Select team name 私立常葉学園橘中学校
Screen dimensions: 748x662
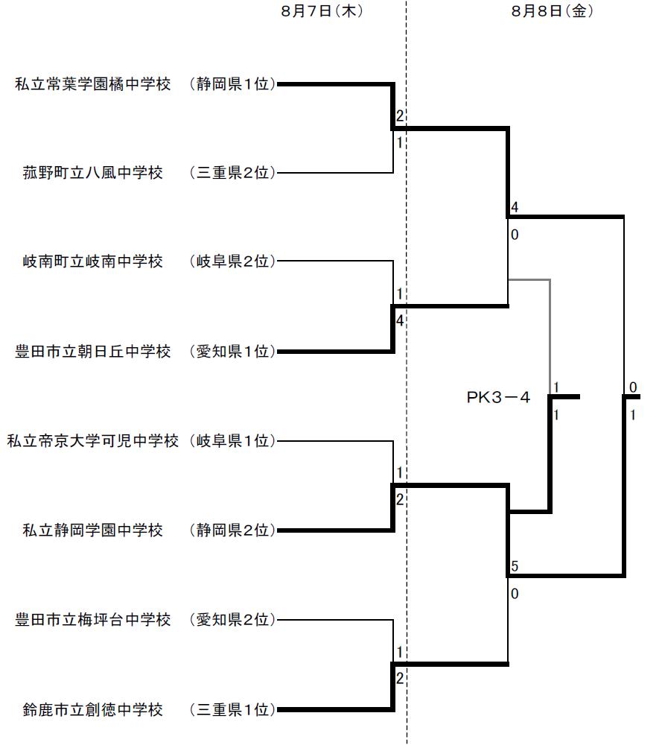click(x=93, y=84)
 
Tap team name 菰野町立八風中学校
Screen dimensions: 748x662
click(x=93, y=174)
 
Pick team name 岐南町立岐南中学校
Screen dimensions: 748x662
click(x=93, y=262)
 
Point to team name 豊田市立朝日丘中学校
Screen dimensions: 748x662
click(x=93, y=352)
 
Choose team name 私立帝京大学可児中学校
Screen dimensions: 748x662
click(x=93, y=441)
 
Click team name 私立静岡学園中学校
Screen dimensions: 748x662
click(x=93, y=530)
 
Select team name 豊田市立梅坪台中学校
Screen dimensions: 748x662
click(x=93, y=620)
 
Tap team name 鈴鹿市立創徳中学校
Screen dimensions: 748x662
click(x=93, y=709)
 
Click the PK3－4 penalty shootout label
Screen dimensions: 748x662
click(x=498, y=398)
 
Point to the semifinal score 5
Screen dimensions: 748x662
click(x=515, y=567)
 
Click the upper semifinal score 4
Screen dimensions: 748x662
click(x=515, y=208)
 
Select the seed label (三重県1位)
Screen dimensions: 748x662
click(x=232, y=709)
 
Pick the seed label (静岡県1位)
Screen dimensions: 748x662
click(x=232, y=84)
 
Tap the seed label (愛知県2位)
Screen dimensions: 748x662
click(x=232, y=620)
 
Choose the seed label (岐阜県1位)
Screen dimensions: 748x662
click(x=232, y=441)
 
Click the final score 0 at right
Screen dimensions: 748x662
click(x=632, y=387)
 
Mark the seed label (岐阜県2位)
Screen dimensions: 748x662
click(x=232, y=262)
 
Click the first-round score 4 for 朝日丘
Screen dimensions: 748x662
click(x=400, y=321)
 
